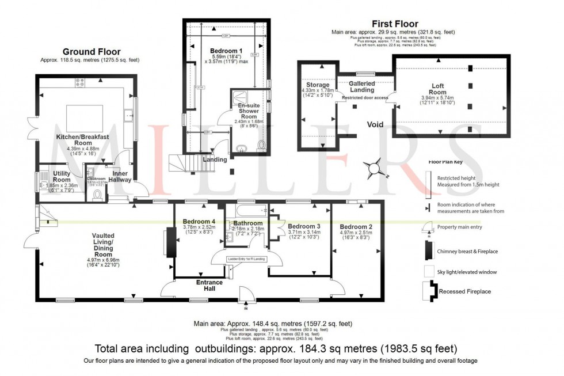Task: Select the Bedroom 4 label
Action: [199, 222]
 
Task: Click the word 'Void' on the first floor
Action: [376, 124]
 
